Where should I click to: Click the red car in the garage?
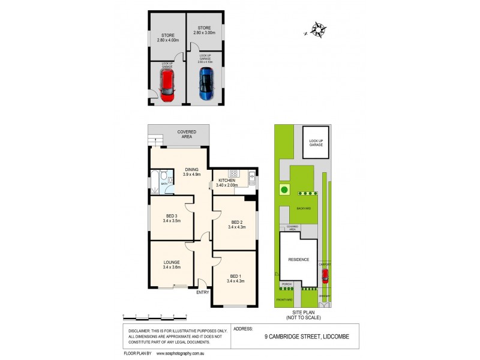click(x=167, y=85)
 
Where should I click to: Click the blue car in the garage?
click(x=206, y=83)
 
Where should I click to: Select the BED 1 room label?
click(x=235, y=278)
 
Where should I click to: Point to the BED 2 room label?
click(x=235, y=224)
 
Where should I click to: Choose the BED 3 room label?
click(x=171, y=218)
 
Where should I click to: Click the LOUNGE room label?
click(x=171, y=265)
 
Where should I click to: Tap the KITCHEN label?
click(x=227, y=182)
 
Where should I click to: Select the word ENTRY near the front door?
click(x=203, y=293)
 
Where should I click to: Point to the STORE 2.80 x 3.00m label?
click(x=205, y=29)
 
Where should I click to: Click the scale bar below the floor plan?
click(x=155, y=316)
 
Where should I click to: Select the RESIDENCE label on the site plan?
click(x=298, y=260)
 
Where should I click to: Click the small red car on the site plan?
click(x=325, y=276)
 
